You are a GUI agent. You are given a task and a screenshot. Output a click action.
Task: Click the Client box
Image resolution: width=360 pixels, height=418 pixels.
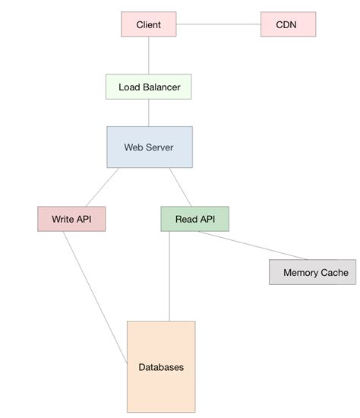pyautogui.click(x=148, y=24)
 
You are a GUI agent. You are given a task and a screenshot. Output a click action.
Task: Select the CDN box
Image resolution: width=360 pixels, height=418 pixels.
pyautogui.click(x=287, y=24)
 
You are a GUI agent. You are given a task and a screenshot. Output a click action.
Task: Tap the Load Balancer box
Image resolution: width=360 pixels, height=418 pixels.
pyautogui.click(x=149, y=87)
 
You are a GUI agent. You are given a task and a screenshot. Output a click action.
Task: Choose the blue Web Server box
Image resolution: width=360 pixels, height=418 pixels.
pyautogui.click(x=149, y=147)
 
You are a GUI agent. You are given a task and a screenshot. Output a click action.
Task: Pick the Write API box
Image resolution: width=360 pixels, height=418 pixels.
pyautogui.click(x=71, y=219)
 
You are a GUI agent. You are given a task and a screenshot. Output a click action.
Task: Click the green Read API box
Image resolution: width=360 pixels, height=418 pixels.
pyautogui.click(x=194, y=219)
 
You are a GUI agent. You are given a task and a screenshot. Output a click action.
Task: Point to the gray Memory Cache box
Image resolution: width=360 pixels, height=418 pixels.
pyautogui.click(x=312, y=272)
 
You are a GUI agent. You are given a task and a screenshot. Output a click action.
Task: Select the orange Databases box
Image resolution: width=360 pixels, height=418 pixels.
pyautogui.click(x=161, y=367)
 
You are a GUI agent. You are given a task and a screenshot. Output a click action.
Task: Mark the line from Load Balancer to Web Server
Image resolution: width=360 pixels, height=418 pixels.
pyautogui.click(x=149, y=112)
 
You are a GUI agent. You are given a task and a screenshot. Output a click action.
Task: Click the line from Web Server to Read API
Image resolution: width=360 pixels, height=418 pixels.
pyautogui.click(x=180, y=187)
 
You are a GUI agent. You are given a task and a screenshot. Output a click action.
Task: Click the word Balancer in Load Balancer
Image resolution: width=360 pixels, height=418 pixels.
pyautogui.click(x=162, y=87)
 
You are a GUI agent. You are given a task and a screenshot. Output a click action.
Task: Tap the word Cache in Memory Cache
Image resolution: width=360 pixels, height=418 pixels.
pyautogui.click(x=333, y=272)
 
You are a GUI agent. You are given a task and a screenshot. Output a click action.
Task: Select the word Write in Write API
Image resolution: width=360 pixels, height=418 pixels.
pyautogui.click(x=63, y=219)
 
